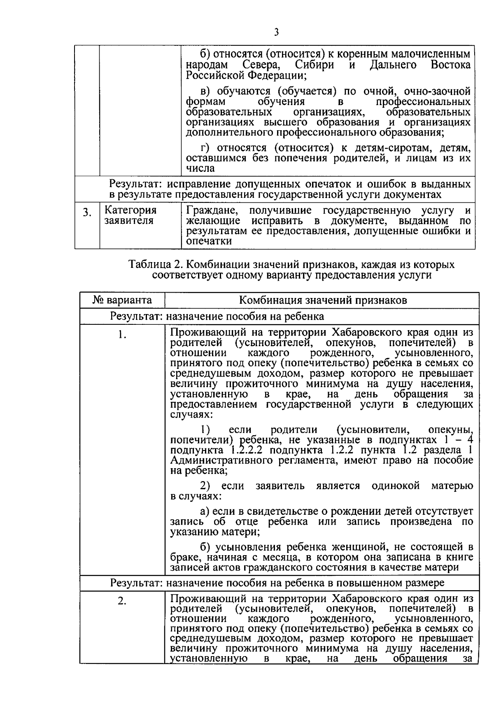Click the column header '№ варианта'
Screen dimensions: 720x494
[122, 300]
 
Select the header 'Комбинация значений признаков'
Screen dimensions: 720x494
[323, 300]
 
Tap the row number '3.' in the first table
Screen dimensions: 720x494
[87, 213]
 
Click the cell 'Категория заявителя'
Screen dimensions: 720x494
[130, 215]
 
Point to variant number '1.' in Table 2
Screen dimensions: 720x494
[122, 335]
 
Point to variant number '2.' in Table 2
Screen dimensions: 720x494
[122, 601]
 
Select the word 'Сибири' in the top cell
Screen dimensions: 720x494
[315, 65]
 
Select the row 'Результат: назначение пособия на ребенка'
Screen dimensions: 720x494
[217, 316]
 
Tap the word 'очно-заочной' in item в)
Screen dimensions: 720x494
[437, 91]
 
